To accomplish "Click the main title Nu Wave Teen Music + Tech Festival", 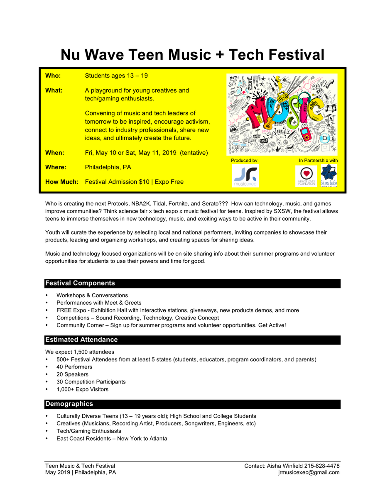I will (192, 55).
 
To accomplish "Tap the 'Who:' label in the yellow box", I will (53, 76).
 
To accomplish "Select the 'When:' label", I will (54, 153).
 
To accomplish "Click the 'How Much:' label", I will (62, 182).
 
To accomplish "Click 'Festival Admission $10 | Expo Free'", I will (134, 182).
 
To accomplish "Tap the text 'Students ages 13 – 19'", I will (116, 76).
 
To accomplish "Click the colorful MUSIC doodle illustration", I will (282, 114).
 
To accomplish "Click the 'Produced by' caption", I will (244, 160).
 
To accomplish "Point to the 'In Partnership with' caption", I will (318, 160).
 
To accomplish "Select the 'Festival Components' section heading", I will (80, 283).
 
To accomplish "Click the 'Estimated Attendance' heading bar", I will (81, 340).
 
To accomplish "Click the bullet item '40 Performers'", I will (74, 367).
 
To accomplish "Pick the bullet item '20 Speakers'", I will (72, 374).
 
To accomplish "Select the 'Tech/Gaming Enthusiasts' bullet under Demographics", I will (89, 431).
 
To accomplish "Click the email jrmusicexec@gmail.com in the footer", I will (309, 473).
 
